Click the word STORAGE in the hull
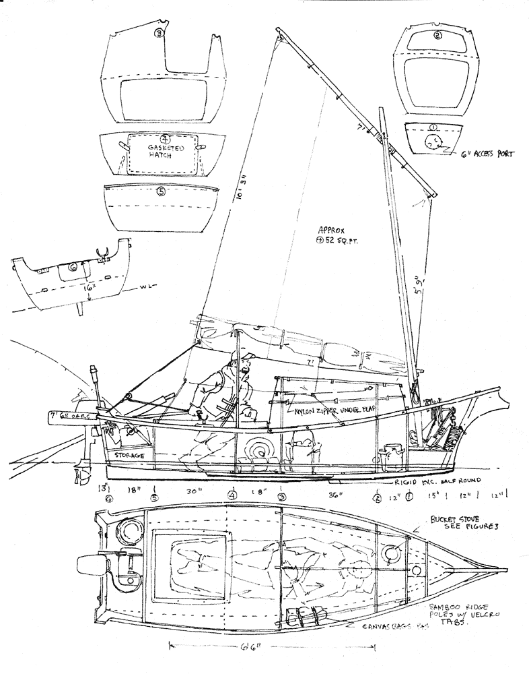129,455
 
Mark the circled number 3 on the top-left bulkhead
159,33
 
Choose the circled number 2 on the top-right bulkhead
438,36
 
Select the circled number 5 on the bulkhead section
160,191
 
